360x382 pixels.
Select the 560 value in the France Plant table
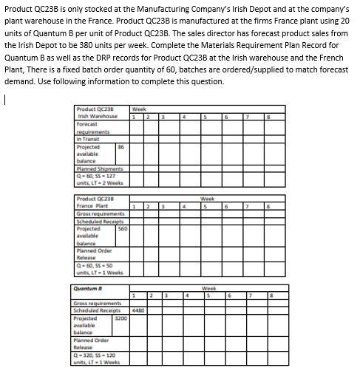pos(122,229)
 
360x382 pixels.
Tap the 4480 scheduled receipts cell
pos(137,310)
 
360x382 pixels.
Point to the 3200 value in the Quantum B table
pos(121,318)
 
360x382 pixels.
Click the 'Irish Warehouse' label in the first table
pos(93,117)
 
